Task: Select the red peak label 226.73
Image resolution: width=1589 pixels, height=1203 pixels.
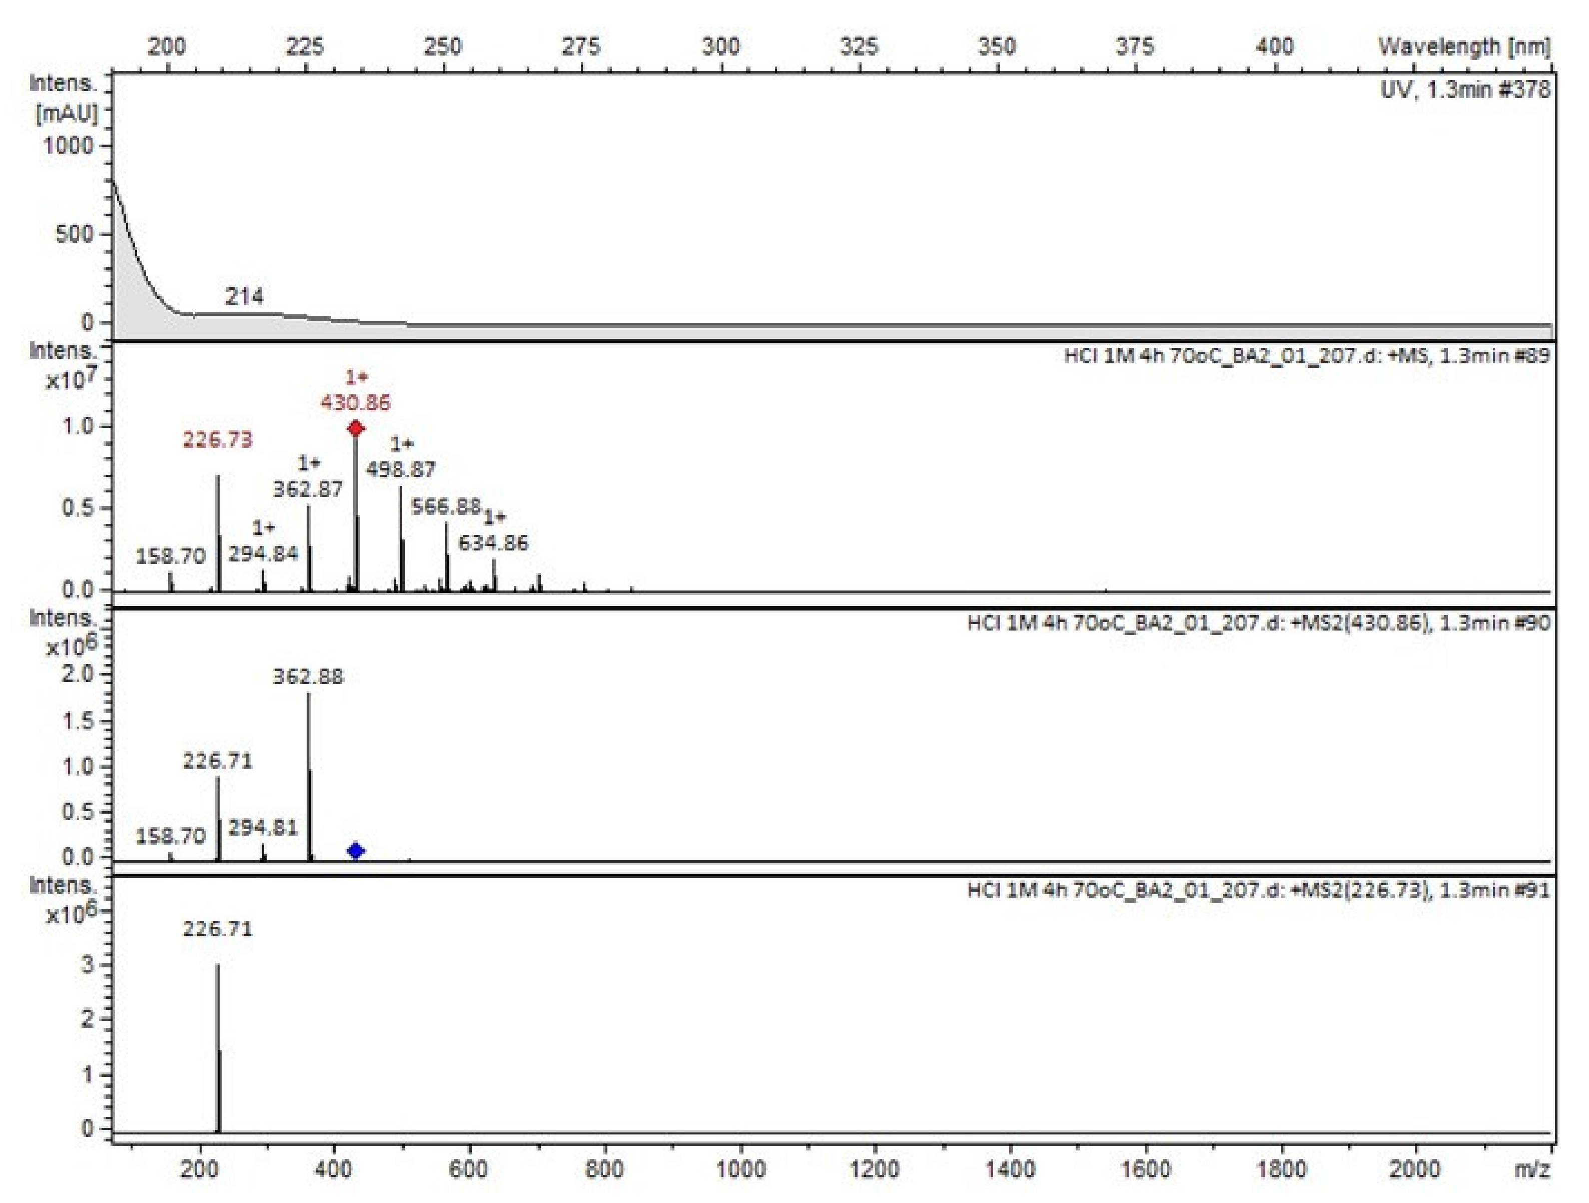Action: (x=218, y=439)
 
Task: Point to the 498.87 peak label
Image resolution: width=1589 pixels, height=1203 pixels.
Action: (x=401, y=469)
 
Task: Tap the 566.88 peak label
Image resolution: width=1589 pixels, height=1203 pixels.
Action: (x=445, y=506)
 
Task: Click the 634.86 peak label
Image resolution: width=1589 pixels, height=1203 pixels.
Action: (x=493, y=542)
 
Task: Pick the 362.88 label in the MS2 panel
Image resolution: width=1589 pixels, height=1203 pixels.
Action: (x=308, y=676)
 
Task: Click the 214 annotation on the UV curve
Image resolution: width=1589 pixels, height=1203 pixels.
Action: (x=244, y=296)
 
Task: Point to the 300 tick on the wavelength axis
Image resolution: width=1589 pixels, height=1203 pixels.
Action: (x=720, y=47)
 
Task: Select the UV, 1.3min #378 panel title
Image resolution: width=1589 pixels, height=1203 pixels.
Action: (x=1465, y=90)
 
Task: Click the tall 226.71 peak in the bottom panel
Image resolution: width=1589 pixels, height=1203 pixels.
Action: (x=218, y=1049)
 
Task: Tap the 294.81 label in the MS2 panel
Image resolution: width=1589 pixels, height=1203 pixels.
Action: (x=263, y=828)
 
